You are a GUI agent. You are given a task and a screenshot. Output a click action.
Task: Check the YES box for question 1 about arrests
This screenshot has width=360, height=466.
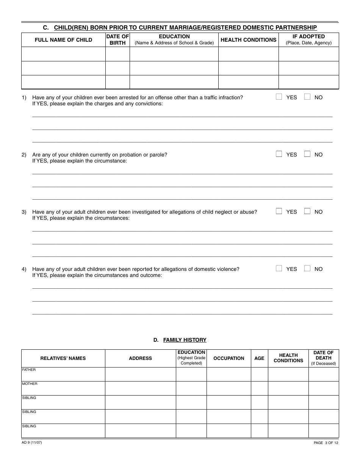click(x=279, y=97)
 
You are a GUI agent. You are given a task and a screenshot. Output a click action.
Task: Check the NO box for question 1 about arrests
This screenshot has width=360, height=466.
click(x=307, y=97)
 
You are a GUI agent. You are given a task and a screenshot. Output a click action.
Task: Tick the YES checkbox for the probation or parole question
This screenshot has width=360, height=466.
click(x=279, y=154)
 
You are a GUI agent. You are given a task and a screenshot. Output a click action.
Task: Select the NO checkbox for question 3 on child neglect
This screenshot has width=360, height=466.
click(x=307, y=211)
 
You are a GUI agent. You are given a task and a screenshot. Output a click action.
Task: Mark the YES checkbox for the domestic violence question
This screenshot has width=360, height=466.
click(x=279, y=269)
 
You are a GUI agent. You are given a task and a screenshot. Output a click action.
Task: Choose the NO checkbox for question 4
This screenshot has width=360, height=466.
click(x=307, y=269)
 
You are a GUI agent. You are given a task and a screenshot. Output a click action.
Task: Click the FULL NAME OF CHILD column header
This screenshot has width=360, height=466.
click(x=63, y=40)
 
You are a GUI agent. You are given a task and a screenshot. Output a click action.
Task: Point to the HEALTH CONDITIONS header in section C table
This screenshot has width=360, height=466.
click(x=248, y=40)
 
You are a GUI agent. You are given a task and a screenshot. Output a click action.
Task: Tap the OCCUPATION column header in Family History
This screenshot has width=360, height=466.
click(x=229, y=358)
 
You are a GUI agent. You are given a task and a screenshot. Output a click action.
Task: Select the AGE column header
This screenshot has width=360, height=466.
click(x=259, y=358)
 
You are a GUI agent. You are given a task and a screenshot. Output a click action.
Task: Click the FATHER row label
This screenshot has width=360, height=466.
click(x=29, y=370)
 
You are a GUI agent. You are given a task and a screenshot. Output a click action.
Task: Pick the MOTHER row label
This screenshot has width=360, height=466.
click(x=30, y=384)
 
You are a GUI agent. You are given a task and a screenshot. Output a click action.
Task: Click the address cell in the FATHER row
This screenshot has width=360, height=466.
click(x=140, y=374)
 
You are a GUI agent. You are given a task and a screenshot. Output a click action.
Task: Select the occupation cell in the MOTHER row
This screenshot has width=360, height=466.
click(x=229, y=388)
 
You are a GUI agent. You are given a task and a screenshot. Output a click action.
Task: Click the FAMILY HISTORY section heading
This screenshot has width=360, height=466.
click(x=185, y=340)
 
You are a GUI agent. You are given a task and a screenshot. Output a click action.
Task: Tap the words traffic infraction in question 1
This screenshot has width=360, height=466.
click(x=223, y=97)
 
